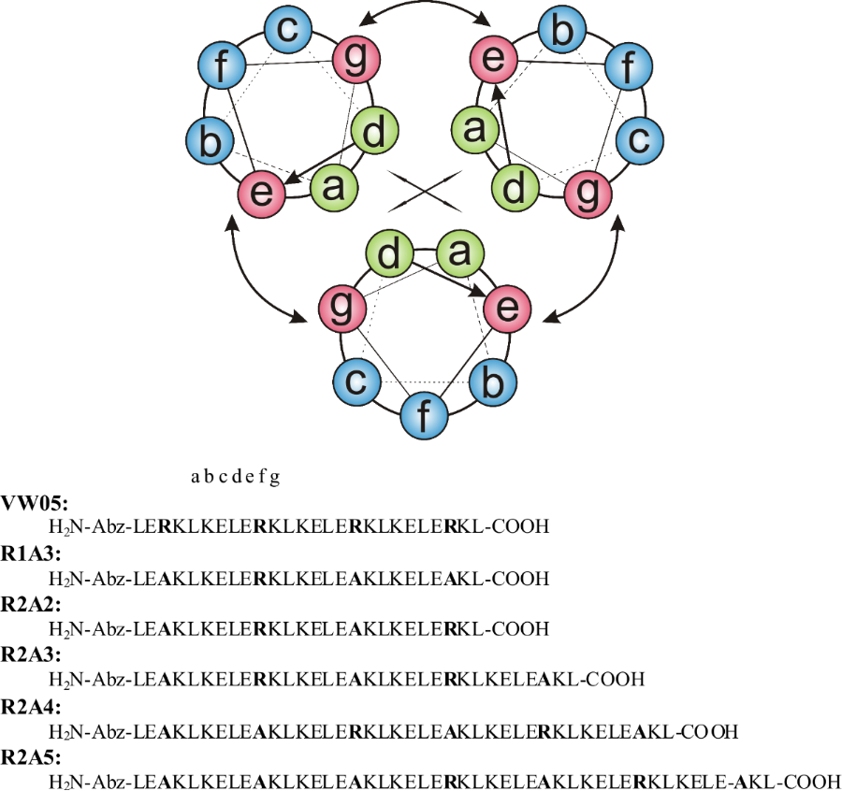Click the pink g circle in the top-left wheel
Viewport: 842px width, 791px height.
[355, 59]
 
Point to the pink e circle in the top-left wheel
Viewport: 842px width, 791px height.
[261, 192]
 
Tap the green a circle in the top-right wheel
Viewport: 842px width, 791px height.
[474, 130]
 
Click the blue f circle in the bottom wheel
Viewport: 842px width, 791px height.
[424, 416]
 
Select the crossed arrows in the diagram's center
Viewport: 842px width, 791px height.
[423, 191]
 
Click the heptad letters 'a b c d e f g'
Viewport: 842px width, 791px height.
[235, 478]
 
